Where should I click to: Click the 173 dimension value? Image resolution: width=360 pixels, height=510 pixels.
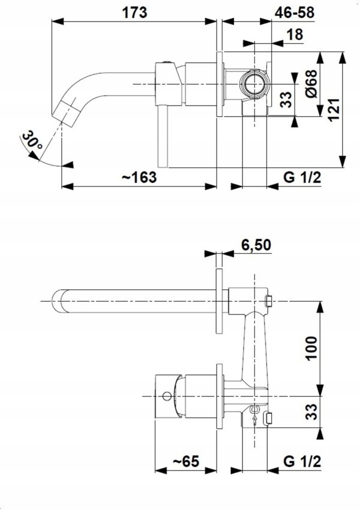[134, 13]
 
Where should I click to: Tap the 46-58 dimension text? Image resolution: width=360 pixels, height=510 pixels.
[295, 13]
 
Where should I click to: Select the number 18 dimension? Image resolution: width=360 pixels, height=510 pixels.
[295, 34]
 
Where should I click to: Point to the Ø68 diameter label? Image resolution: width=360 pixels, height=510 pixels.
[311, 84]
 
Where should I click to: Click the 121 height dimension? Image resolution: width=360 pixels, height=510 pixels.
[334, 110]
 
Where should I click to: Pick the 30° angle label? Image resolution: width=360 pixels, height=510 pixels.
[32, 140]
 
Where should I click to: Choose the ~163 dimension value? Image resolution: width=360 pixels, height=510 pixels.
[139, 178]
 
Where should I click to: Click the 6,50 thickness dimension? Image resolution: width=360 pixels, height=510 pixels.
[256, 245]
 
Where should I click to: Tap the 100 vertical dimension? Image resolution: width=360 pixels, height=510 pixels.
[311, 348]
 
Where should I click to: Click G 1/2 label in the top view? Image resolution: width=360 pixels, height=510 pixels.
[302, 178]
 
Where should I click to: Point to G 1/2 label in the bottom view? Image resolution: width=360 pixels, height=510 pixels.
[302, 461]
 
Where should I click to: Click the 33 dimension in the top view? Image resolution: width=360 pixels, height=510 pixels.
[286, 100]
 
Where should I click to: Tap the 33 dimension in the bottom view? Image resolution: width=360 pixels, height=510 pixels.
[311, 412]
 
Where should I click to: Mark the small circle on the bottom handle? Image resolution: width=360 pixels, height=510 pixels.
[167, 396]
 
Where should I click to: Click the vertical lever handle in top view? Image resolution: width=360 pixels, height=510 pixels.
[163, 137]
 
